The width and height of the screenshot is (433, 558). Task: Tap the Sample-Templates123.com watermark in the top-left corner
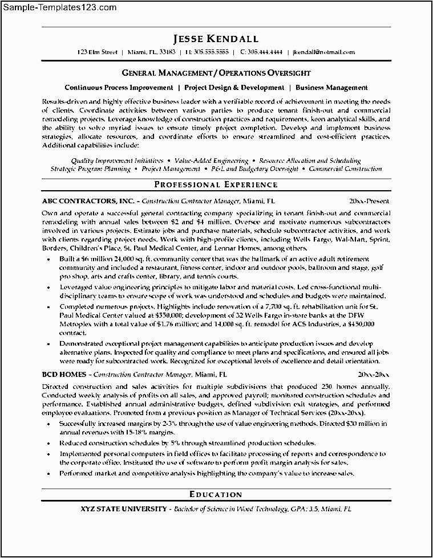click(59, 8)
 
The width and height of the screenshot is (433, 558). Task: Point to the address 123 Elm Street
click(98, 52)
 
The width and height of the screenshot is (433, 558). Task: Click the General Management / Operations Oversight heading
click(216, 73)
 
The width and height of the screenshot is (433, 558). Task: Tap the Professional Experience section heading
click(216, 184)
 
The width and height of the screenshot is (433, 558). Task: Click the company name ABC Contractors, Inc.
click(88, 202)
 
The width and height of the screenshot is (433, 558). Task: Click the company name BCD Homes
click(64, 375)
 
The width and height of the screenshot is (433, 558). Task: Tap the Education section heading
click(216, 494)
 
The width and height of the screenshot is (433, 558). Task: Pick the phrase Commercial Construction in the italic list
click(346, 169)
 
